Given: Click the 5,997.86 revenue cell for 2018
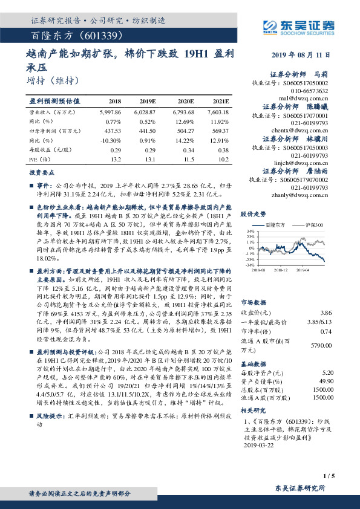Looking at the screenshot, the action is click(109, 112).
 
